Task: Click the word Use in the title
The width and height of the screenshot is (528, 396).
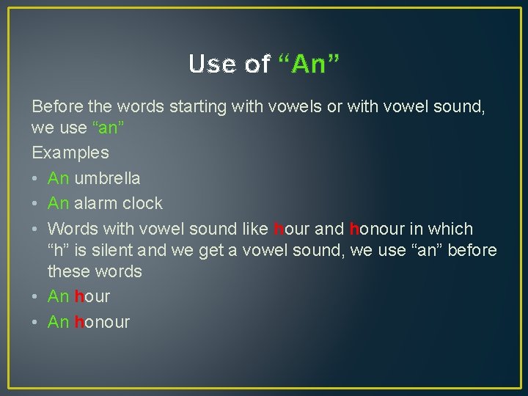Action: pos(210,65)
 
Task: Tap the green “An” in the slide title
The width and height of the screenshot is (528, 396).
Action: pos(309,65)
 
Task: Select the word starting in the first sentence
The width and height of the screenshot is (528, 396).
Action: pos(199,107)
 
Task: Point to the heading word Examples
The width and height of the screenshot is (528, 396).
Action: pos(70,153)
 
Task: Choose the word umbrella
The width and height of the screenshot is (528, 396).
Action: pos(107,178)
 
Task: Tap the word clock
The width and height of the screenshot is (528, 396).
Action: pos(143,203)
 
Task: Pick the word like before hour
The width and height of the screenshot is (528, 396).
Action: pos(253,229)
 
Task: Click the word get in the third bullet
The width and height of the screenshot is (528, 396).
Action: pos(210,251)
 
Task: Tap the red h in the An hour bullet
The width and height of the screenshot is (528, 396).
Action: pos(79,296)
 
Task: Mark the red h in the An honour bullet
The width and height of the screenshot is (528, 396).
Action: pos(79,321)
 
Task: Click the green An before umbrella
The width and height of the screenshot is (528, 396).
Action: pos(58,178)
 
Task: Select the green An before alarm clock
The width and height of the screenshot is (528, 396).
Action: pos(58,203)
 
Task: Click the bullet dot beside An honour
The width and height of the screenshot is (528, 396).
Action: pos(37,322)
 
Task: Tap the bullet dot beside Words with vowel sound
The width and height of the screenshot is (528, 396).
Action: pos(37,230)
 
